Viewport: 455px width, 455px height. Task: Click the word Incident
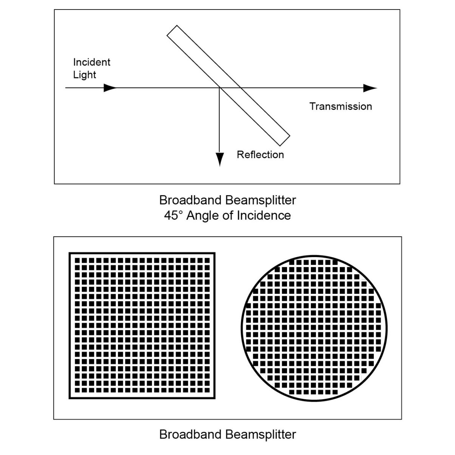[92, 62]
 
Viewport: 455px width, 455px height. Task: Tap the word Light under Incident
[85, 75]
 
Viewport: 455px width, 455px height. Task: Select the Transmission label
[341, 107]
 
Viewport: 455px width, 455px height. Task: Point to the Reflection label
[260, 155]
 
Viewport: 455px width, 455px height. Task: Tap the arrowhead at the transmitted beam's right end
[370, 88]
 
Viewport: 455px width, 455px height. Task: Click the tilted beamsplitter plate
[228, 85]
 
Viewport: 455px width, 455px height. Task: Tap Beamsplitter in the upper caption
[260, 201]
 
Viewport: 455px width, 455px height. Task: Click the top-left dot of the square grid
[77, 260]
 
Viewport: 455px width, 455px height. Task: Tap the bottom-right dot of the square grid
[207, 390]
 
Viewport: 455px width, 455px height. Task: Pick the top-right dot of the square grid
[207, 260]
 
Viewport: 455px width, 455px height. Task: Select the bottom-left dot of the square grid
[77, 390]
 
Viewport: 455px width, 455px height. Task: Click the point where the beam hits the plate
[220, 88]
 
